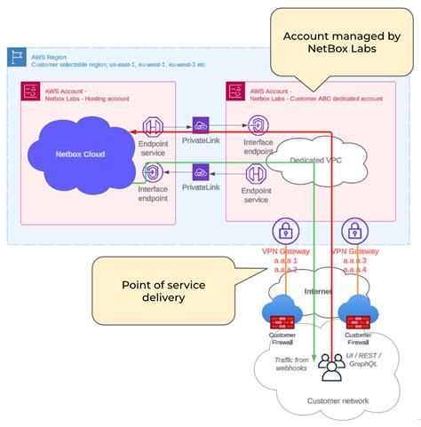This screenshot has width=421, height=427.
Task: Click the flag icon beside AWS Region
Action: pyautogui.click(x=16, y=57)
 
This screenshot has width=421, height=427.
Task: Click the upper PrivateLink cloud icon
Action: pyautogui.click(x=201, y=127)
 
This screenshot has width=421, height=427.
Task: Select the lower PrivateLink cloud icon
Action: pyautogui.click(x=201, y=172)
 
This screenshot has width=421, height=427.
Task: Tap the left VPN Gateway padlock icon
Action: pyautogui.click(x=283, y=233)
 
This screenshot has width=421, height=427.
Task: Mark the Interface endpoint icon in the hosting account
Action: pyautogui.click(x=153, y=172)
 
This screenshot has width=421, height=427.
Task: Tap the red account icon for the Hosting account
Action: pyautogui.click(x=28, y=91)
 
